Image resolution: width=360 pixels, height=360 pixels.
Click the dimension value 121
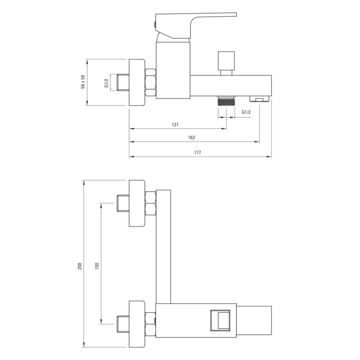point(175,125)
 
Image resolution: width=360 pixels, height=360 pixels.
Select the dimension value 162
point(192,138)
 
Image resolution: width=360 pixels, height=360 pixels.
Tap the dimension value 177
point(197,152)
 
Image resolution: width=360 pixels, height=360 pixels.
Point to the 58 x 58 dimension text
point(83,82)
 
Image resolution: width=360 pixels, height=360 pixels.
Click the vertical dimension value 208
point(80,266)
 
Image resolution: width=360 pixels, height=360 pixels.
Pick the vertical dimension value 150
point(96,266)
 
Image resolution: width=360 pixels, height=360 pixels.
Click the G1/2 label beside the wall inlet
point(106,83)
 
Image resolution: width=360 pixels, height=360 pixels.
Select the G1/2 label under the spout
point(246,112)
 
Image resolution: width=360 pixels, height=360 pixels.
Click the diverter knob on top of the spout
point(226,63)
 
